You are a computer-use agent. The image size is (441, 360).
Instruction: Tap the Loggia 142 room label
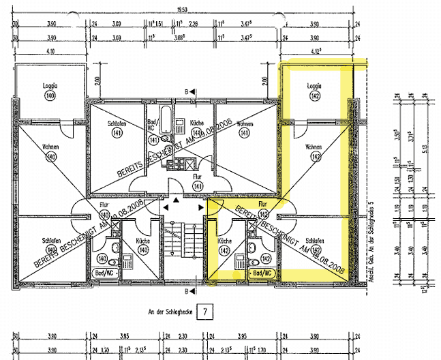pos(314,87)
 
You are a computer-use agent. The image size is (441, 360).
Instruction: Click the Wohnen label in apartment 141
pos(245,125)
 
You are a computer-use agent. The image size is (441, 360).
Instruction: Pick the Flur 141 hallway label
pos(198,175)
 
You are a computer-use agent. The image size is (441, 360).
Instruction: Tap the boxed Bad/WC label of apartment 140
pos(103,271)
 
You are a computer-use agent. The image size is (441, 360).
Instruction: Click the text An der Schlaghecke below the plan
pos(170,312)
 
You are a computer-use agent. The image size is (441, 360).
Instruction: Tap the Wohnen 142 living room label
pos(314,147)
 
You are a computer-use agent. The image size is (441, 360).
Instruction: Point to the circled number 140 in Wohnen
pos(50,157)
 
